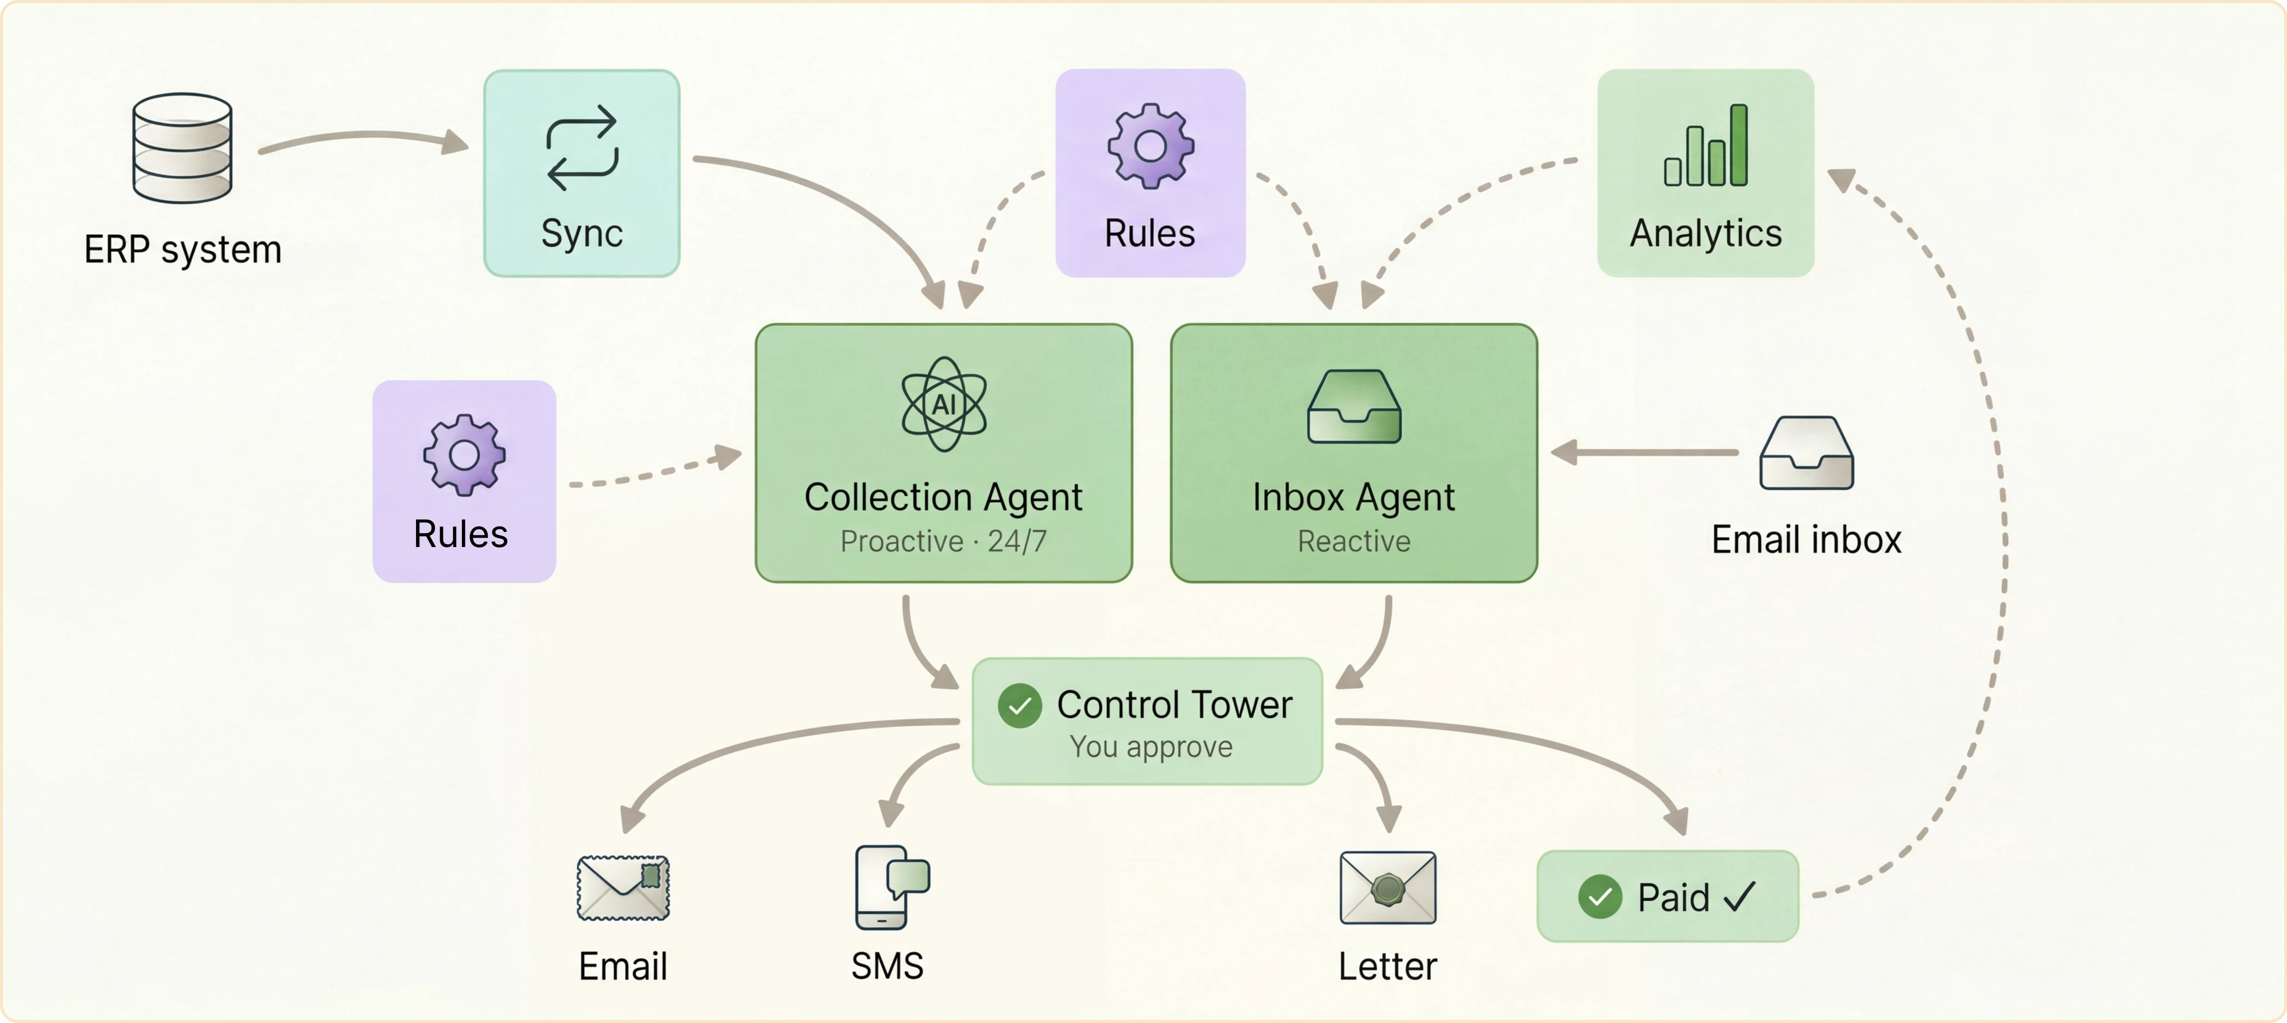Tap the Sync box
point(582,173)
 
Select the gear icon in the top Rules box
point(1150,146)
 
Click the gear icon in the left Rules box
point(463,455)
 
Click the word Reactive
point(1354,541)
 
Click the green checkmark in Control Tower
point(1019,706)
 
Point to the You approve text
point(1151,747)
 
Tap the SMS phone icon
point(890,886)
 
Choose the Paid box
point(1667,896)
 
